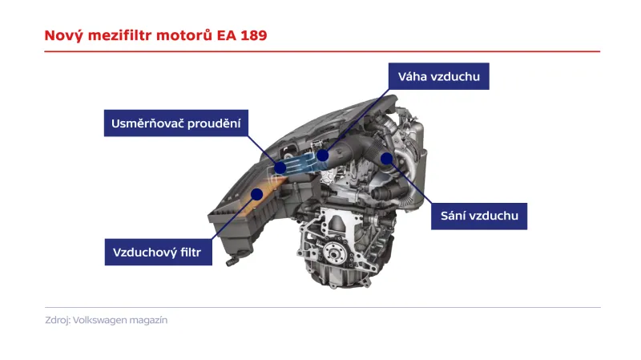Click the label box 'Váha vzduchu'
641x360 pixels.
(x=438, y=77)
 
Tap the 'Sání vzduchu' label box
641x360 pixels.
(x=480, y=216)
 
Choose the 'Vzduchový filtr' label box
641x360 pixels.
(x=158, y=253)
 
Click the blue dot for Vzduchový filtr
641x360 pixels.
(x=258, y=192)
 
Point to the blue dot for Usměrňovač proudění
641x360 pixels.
(x=280, y=167)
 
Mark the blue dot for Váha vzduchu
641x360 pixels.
(x=322, y=155)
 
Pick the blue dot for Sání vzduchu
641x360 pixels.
(x=386, y=158)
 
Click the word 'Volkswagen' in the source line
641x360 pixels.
(x=102, y=320)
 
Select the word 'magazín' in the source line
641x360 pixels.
(x=150, y=320)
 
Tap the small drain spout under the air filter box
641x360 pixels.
(x=232, y=258)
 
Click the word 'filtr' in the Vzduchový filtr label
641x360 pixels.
(x=195, y=253)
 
